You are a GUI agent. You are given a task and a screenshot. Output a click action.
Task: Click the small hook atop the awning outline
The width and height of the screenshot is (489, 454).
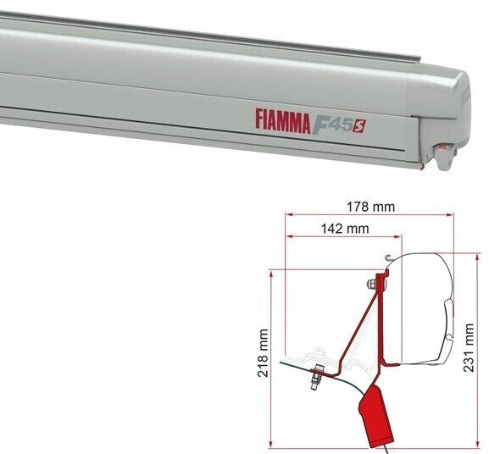(x=387, y=258)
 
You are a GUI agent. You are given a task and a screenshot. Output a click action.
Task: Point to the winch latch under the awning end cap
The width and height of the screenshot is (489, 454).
(x=442, y=155)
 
